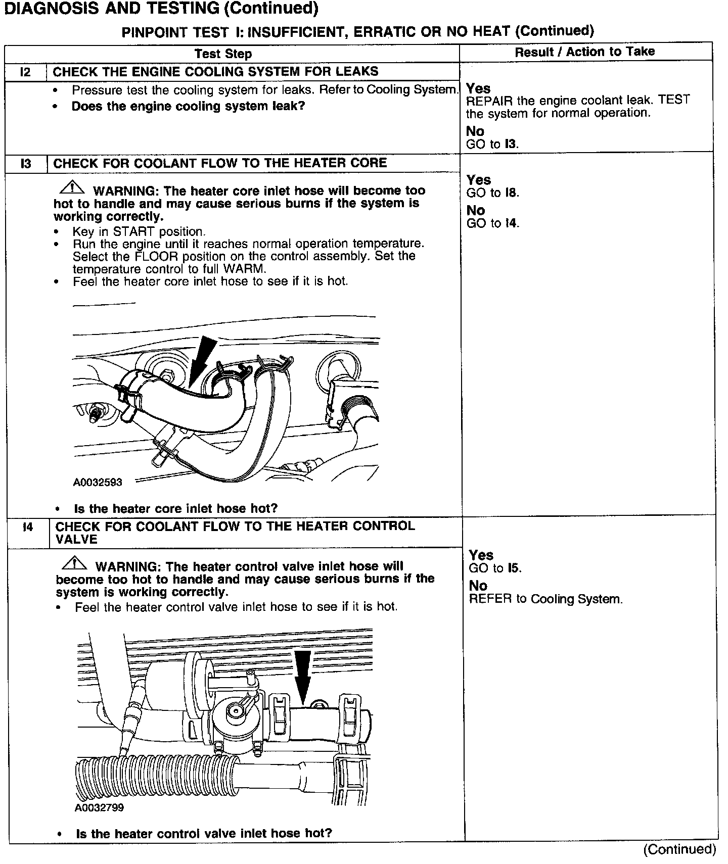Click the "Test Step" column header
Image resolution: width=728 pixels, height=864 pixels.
pos(223,54)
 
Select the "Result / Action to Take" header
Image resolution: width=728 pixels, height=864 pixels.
pos(584,52)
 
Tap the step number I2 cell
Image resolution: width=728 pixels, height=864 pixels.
pos(25,72)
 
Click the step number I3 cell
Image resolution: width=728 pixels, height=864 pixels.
pos(26,164)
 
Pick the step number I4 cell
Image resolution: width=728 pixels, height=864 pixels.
pos(28,527)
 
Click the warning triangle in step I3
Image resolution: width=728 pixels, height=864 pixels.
pos(72,188)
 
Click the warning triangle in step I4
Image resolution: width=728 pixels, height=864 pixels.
pos(74,563)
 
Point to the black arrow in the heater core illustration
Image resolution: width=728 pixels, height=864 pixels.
pos(204,358)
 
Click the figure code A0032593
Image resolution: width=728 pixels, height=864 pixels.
pos(98,482)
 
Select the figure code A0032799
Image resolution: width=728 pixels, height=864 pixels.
pos(99,807)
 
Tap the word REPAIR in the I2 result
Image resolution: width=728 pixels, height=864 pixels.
pos(489,101)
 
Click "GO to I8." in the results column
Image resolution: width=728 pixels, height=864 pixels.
pos(492,193)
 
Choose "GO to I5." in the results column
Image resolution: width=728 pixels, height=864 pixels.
pos(495,568)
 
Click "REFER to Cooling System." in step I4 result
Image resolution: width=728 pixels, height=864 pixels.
pos(545,599)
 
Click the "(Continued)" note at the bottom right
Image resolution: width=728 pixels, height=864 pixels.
pos(679,849)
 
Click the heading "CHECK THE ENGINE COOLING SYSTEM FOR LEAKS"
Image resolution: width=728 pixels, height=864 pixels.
pos(215,72)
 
